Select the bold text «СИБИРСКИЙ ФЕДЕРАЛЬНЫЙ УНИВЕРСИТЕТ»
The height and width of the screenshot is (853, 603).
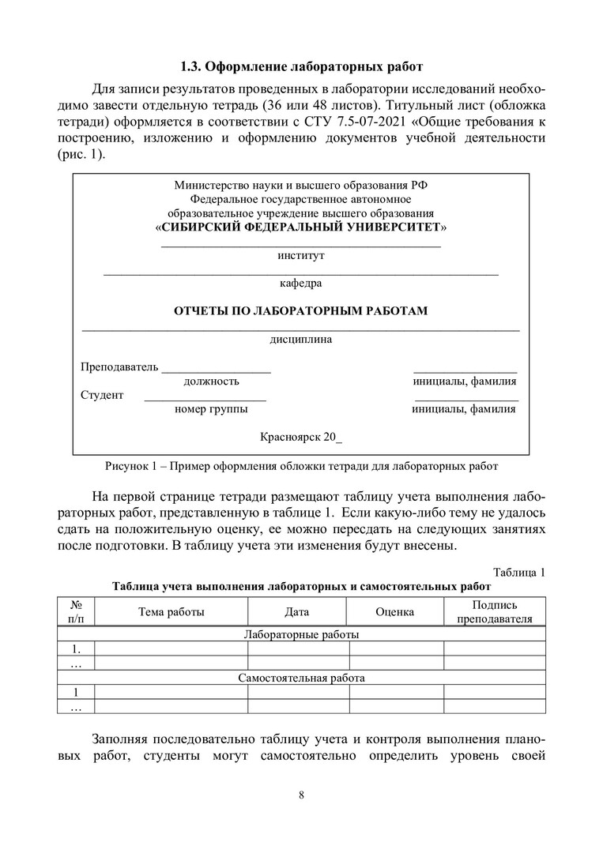pyautogui.click(x=301, y=227)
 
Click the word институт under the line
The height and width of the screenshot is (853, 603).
pyautogui.click(x=301, y=255)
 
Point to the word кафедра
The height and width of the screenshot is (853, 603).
pyautogui.click(x=301, y=283)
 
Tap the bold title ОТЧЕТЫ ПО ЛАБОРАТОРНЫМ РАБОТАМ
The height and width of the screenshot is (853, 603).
pyautogui.click(x=301, y=310)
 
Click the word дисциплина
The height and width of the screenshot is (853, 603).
pyautogui.click(x=301, y=340)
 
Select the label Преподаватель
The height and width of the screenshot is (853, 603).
pyautogui.click(x=119, y=367)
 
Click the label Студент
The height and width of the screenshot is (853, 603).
pyautogui.click(x=102, y=395)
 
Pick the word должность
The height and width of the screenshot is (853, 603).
pyautogui.click(x=212, y=381)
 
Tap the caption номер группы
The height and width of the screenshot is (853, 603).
pyautogui.click(x=211, y=409)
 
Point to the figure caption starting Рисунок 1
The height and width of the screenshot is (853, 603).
pyautogui.click(x=301, y=466)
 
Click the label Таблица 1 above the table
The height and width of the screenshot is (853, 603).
pyautogui.click(x=519, y=572)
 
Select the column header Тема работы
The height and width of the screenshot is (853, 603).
pyautogui.click(x=171, y=611)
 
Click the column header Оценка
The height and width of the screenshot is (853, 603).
pyautogui.click(x=395, y=611)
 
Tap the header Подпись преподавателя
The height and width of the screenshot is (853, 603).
pyautogui.click(x=495, y=611)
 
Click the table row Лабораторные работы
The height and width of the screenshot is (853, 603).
pyautogui.click(x=301, y=634)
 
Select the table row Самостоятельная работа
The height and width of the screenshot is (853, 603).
pyautogui.click(x=301, y=678)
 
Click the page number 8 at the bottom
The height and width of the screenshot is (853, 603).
pyautogui.click(x=302, y=795)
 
